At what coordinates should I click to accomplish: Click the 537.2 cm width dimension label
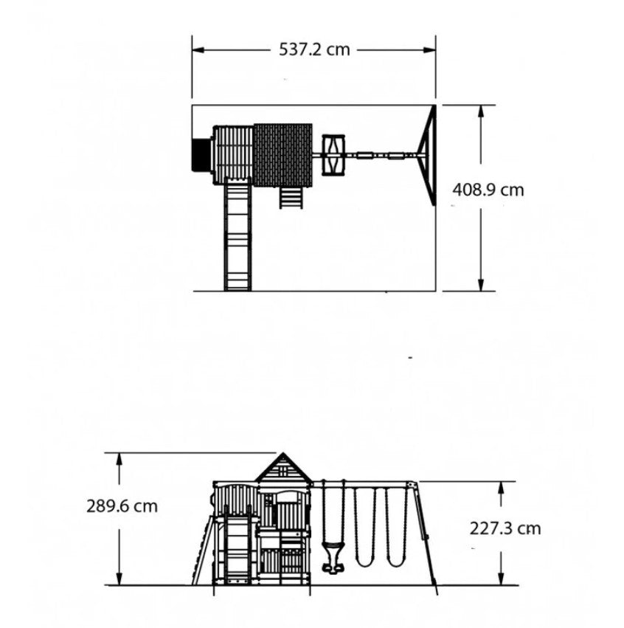[x=314, y=49]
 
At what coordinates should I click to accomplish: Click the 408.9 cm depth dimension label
[x=488, y=190]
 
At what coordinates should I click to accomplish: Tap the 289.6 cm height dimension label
[x=122, y=506]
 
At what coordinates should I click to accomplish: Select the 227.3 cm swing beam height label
[x=505, y=528]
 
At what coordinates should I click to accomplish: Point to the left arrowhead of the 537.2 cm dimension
[x=198, y=50]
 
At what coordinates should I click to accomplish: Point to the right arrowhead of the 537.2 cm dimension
[x=429, y=50]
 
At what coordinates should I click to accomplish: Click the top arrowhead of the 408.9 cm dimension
[x=481, y=111]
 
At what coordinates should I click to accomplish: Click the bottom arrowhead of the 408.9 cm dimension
[x=481, y=284]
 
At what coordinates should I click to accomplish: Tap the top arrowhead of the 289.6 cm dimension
[x=119, y=460]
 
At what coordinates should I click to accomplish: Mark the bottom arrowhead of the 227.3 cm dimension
[x=501, y=579]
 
